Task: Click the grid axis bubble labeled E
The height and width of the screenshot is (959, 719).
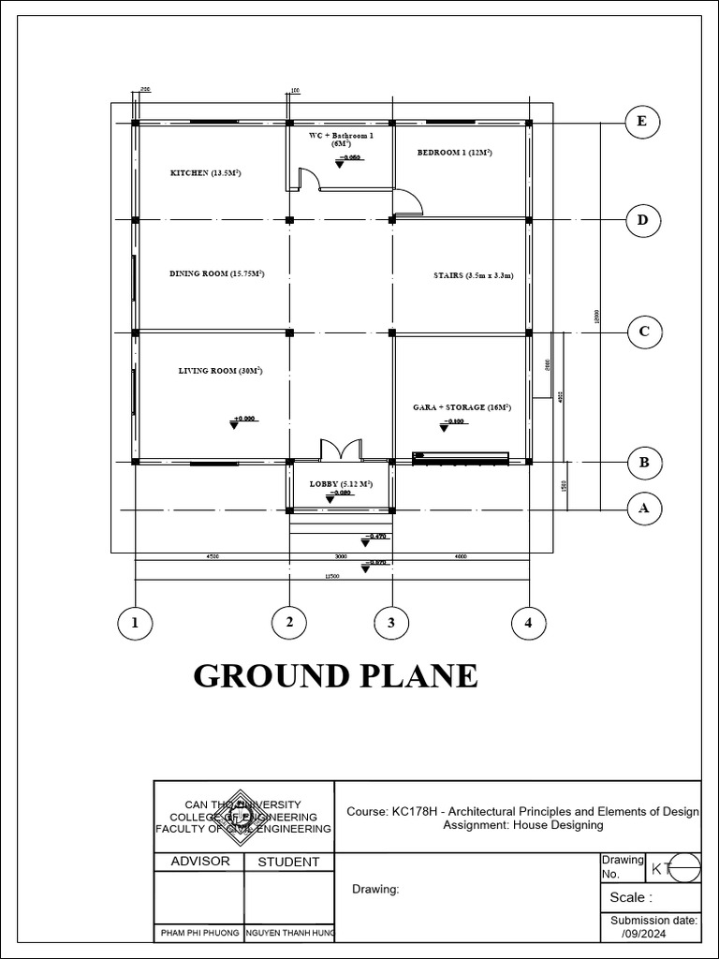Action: click(641, 122)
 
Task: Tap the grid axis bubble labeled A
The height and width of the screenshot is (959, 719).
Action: click(642, 509)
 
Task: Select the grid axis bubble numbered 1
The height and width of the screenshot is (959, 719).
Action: click(136, 622)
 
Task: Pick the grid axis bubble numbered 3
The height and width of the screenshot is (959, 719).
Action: click(391, 622)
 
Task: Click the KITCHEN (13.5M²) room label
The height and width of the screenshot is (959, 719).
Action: click(205, 173)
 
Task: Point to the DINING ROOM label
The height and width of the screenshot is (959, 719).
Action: click(216, 273)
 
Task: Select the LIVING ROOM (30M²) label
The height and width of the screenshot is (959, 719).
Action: click(220, 371)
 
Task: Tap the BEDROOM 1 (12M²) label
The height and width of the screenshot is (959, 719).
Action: click(455, 152)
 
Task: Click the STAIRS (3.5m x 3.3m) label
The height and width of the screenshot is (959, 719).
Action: click(474, 276)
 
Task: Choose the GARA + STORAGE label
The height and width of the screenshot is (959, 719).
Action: click(462, 407)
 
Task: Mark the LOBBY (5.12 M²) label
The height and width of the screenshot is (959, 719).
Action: click(341, 484)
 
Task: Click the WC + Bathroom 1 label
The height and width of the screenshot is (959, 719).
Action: click(341, 140)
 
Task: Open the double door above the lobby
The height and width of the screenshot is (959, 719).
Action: click(341, 450)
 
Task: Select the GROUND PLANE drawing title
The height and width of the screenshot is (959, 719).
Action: click(335, 675)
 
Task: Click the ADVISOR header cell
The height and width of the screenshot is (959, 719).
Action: click(198, 862)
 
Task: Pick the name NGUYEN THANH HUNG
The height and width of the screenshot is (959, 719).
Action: click(289, 934)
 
